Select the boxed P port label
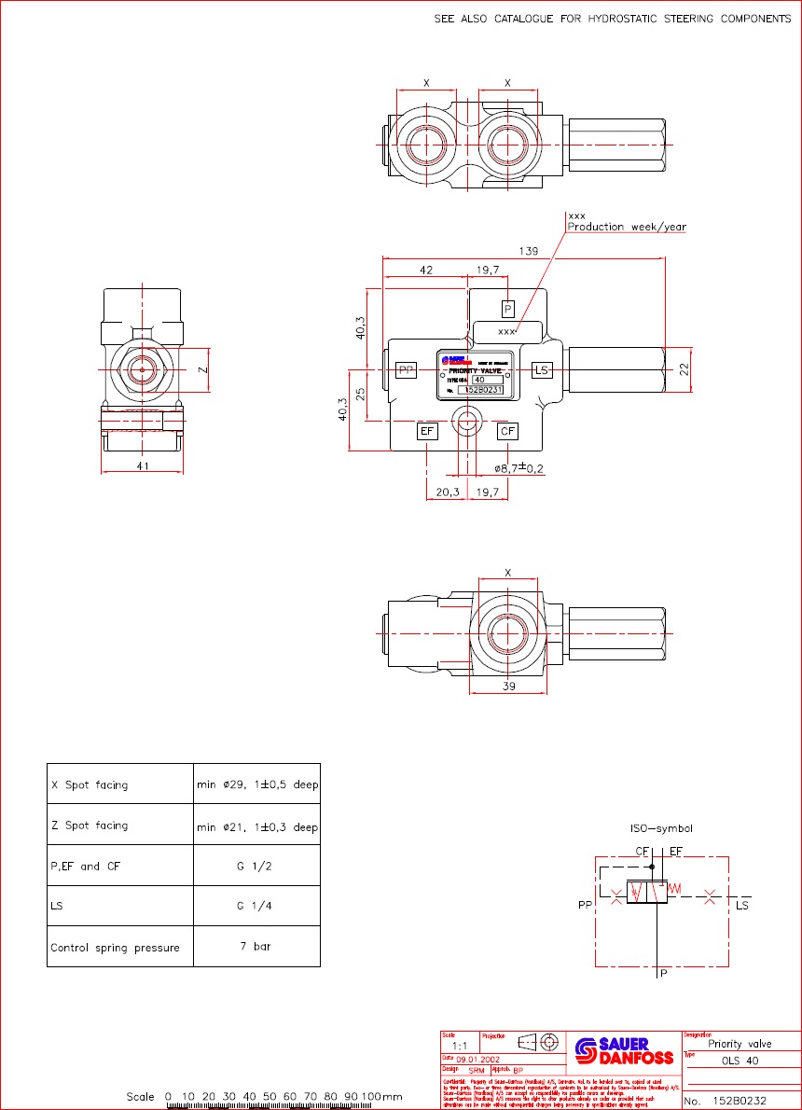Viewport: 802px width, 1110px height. (x=507, y=309)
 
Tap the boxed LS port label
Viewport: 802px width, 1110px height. (x=541, y=370)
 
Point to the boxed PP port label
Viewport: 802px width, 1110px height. (x=406, y=370)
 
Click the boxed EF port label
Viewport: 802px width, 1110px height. (x=427, y=431)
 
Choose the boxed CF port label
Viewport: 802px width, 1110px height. (x=507, y=431)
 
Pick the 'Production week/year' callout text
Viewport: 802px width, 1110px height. (x=627, y=227)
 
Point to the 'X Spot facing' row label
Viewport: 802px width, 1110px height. (x=90, y=785)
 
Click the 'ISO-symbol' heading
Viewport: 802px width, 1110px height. (x=662, y=828)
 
